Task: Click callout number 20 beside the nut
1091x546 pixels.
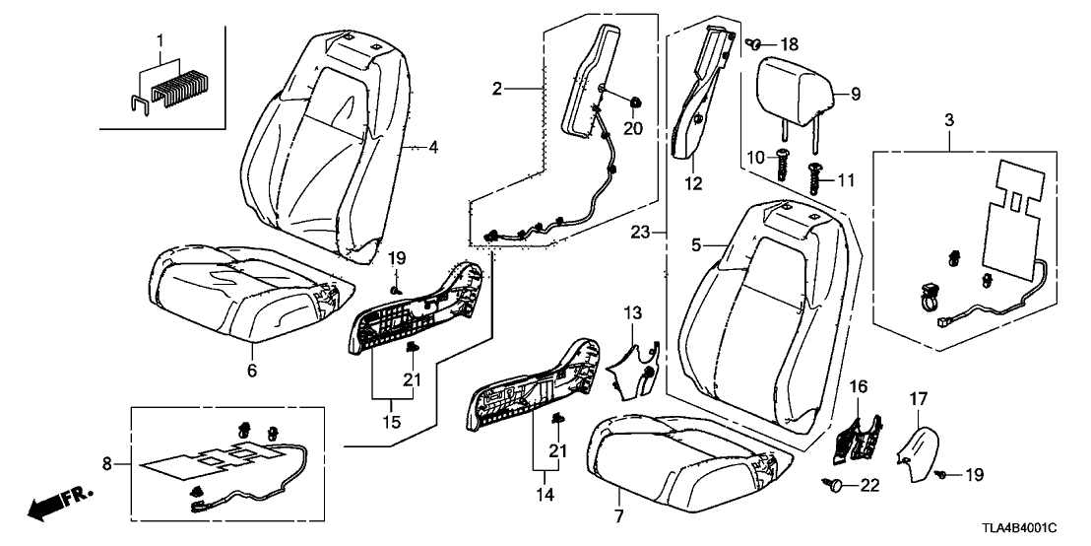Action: pyautogui.click(x=632, y=128)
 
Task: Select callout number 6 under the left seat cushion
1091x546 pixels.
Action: pyautogui.click(x=252, y=372)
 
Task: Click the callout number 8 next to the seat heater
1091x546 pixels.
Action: pyautogui.click(x=108, y=460)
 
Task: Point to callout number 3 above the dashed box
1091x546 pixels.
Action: pyautogui.click(x=950, y=120)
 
